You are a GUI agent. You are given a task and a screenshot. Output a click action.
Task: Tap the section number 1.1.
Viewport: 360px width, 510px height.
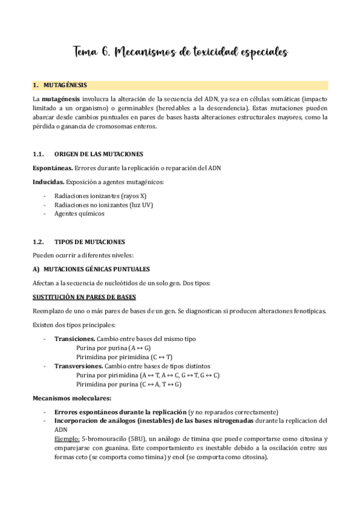pyautogui.click(x=39, y=154)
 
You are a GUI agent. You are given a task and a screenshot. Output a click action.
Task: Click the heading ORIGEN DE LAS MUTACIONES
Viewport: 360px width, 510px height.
pyautogui.click(x=99, y=154)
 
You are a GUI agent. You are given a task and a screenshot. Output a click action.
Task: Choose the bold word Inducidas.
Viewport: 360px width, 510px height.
pyautogui.click(x=49, y=181)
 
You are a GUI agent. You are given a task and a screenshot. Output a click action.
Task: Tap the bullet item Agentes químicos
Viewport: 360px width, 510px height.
pyautogui.click(x=79, y=214)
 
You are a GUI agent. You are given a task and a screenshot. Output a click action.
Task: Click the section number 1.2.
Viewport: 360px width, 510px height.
pyautogui.click(x=39, y=242)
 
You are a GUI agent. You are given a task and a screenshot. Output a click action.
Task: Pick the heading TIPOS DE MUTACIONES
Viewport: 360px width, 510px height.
pyautogui.click(x=90, y=242)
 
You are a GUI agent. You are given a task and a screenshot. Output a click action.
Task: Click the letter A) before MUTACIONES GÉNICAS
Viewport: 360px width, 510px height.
pyautogui.click(x=35, y=269)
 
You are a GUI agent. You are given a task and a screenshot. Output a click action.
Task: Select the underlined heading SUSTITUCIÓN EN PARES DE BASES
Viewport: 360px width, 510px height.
pyautogui.click(x=84, y=297)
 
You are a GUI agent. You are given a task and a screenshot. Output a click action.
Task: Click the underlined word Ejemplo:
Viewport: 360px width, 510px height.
pyautogui.click(x=66, y=439)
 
